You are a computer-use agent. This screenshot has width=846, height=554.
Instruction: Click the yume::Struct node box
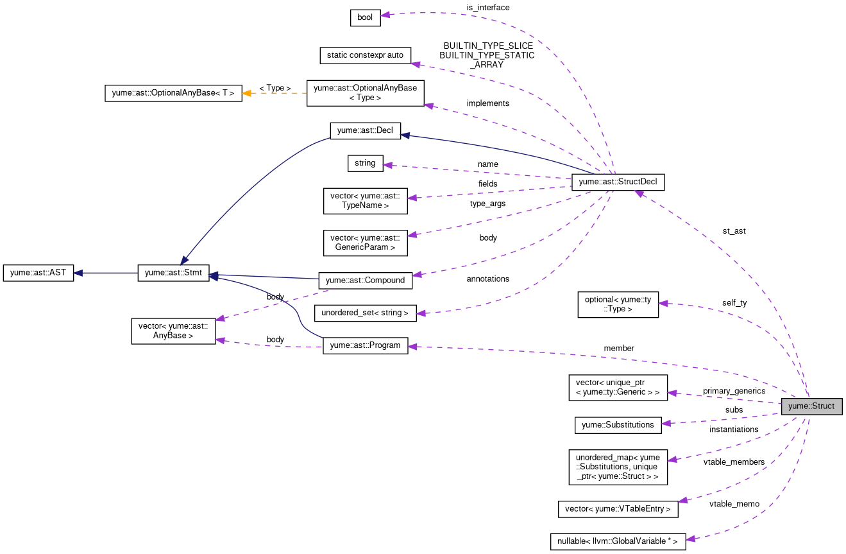click(811, 406)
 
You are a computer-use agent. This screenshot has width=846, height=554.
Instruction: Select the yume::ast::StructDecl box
click(618, 182)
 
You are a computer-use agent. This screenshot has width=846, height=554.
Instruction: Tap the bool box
click(365, 18)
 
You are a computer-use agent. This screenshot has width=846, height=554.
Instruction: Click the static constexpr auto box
click(365, 55)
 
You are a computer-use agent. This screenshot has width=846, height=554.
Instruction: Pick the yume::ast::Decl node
click(365, 131)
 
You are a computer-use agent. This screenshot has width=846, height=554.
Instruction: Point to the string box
click(365, 163)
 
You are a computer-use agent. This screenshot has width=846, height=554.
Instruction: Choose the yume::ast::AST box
click(38, 273)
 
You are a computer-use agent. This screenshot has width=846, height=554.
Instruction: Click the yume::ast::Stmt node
click(173, 273)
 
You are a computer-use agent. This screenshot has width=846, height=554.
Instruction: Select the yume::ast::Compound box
click(365, 280)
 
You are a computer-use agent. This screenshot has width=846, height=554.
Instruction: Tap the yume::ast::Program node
click(365, 345)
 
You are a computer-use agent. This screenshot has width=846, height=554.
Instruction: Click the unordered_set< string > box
click(365, 313)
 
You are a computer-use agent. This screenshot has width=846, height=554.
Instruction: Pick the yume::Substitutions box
click(617, 424)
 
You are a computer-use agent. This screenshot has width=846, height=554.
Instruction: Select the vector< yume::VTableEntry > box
click(618, 509)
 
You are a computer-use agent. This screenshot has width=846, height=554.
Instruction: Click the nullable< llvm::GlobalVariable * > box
click(618, 541)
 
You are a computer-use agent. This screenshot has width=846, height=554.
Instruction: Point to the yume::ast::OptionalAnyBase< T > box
click(173, 93)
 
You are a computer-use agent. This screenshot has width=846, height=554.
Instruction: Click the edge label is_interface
click(487, 7)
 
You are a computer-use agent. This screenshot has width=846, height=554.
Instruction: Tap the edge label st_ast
click(734, 231)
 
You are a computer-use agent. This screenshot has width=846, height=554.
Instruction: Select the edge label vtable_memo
click(734, 504)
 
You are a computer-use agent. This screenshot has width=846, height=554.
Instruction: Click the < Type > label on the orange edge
click(275, 88)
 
